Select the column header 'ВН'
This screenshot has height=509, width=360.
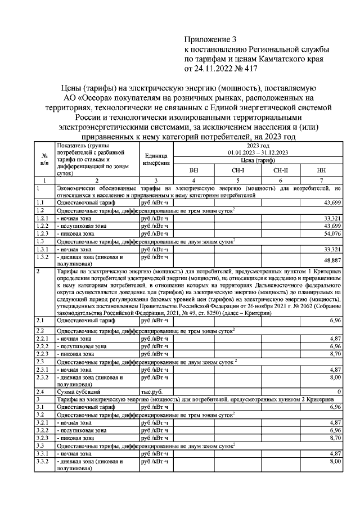pos(193,170)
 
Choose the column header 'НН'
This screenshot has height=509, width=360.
pos(321,170)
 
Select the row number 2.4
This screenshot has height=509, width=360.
pos(40,390)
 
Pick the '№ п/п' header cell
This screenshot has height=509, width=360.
pos(44,159)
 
